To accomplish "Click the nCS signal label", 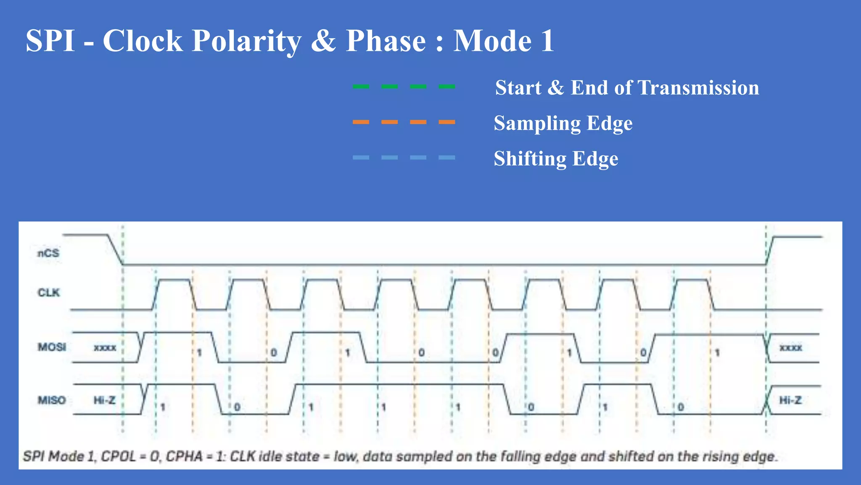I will [48, 253].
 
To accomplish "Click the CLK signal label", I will [49, 293].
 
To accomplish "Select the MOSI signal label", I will [52, 347].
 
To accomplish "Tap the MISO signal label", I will [52, 400].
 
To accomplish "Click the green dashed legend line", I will [404, 87].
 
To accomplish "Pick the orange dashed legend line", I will [404, 122].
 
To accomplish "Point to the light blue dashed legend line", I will [404, 157].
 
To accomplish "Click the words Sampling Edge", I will [563, 123].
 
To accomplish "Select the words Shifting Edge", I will [556, 159].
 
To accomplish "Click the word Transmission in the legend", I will [698, 88].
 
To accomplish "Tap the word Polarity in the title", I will [246, 41].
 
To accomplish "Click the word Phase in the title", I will [386, 41].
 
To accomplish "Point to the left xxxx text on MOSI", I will [105, 348].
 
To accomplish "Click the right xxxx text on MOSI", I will [791, 348].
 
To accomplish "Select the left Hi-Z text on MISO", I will [104, 400].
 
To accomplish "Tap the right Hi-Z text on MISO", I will [790, 400].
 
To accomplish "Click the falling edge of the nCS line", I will [115, 250].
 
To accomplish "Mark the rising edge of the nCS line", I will [770, 250].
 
